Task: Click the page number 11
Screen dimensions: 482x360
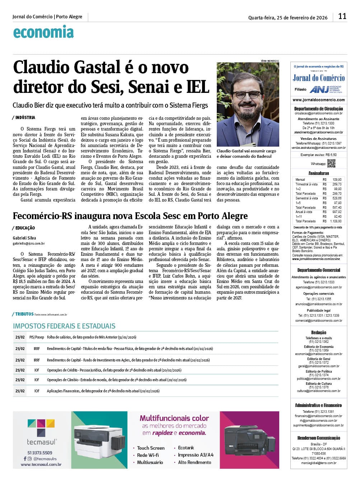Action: coord(342,16)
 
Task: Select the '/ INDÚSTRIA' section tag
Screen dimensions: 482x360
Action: coord(24,117)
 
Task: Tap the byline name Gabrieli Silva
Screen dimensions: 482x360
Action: coord(24,238)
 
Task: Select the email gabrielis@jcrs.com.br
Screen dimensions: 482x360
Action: coord(29,244)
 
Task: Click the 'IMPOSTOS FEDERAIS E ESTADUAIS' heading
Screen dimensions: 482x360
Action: coord(64,326)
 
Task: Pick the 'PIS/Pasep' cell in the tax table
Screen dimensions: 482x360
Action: coord(37,337)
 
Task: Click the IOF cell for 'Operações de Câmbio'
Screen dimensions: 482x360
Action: coord(37,380)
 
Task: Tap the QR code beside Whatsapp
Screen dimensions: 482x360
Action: coord(331,164)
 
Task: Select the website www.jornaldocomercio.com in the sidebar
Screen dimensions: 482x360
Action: coord(318,100)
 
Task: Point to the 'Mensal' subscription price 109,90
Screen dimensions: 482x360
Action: coord(337,179)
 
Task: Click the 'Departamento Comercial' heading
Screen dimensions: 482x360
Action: coord(318,270)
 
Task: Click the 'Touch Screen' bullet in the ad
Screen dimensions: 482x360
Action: coord(150,448)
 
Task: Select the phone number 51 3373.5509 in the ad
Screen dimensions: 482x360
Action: coord(39,453)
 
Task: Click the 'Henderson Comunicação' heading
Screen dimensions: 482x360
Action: coord(318,438)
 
